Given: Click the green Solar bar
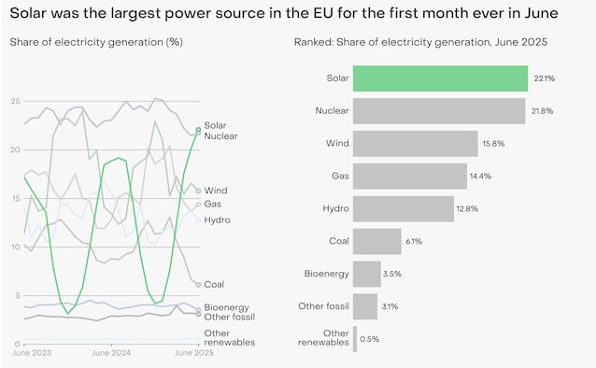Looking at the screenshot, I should (441, 78).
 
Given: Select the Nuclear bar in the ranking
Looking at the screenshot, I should (439, 111).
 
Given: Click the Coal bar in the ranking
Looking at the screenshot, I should (377, 241).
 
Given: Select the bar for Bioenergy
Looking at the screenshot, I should (367, 274).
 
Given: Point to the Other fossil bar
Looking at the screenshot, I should (365, 306).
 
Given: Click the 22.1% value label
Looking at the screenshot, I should (544, 79).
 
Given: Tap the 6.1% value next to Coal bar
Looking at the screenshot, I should (414, 241).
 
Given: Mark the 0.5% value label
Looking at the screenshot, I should (372, 339).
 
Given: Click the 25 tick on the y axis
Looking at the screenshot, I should (15, 101).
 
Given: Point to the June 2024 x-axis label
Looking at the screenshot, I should (111, 353).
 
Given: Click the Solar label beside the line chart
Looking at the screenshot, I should (215, 125).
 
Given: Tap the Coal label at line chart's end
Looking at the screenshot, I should (214, 284).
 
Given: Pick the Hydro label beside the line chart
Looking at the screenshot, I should (217, 220).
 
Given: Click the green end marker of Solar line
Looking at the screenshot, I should (198, 131).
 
